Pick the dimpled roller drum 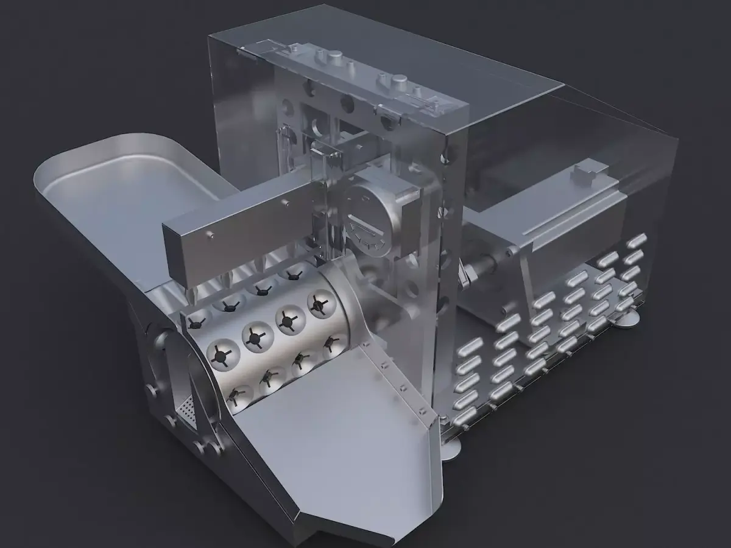[274, 341]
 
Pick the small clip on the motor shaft [467, 274]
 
